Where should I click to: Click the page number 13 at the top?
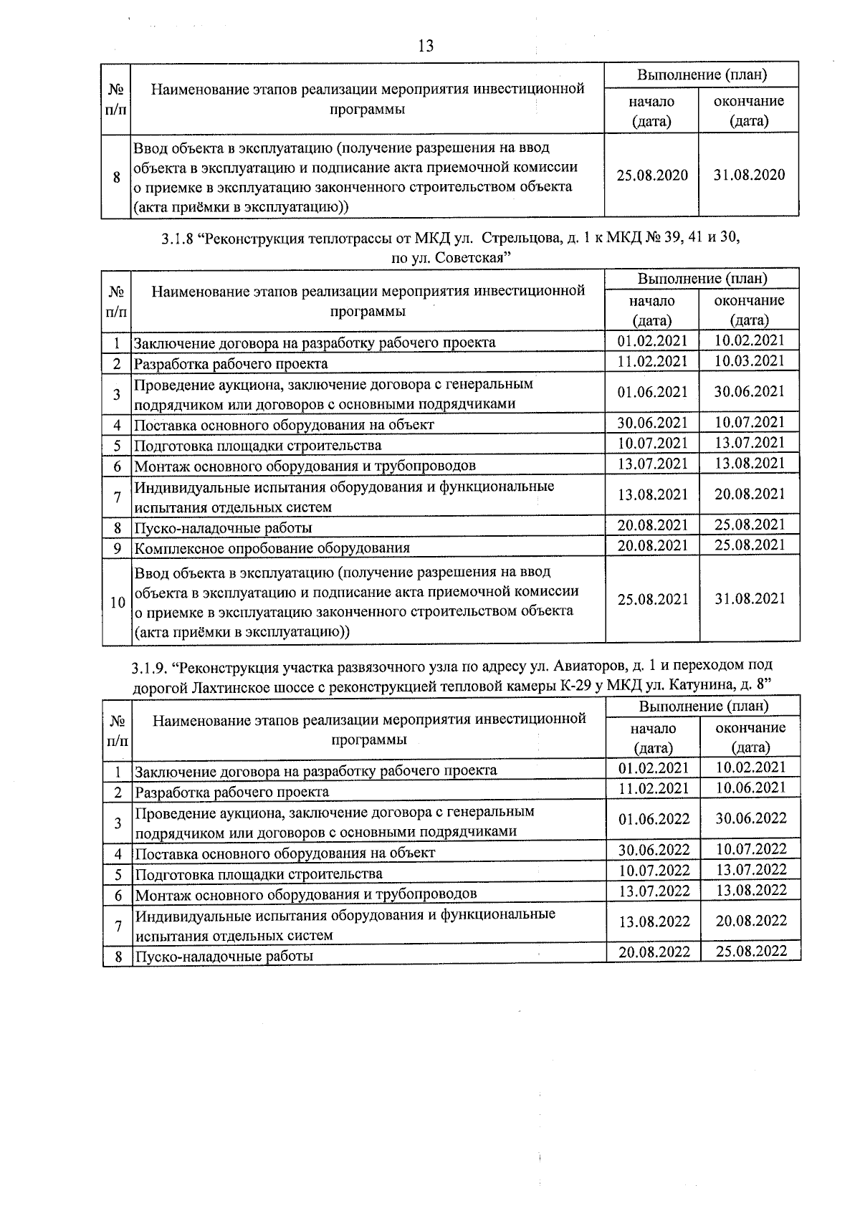point(425,47)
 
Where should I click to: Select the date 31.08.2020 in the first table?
point(749,176)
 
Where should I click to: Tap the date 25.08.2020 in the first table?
point(651,176)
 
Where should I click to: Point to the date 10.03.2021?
point(750,361)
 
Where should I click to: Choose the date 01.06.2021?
point(652,392)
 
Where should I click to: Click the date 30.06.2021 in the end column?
point(750,392)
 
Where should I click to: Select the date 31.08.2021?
point(750,599)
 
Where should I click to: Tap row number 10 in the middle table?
point(117,603)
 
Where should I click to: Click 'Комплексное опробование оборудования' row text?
point(272,548)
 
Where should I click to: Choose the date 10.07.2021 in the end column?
point(750,423)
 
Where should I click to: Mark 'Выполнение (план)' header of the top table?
point(702,75)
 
